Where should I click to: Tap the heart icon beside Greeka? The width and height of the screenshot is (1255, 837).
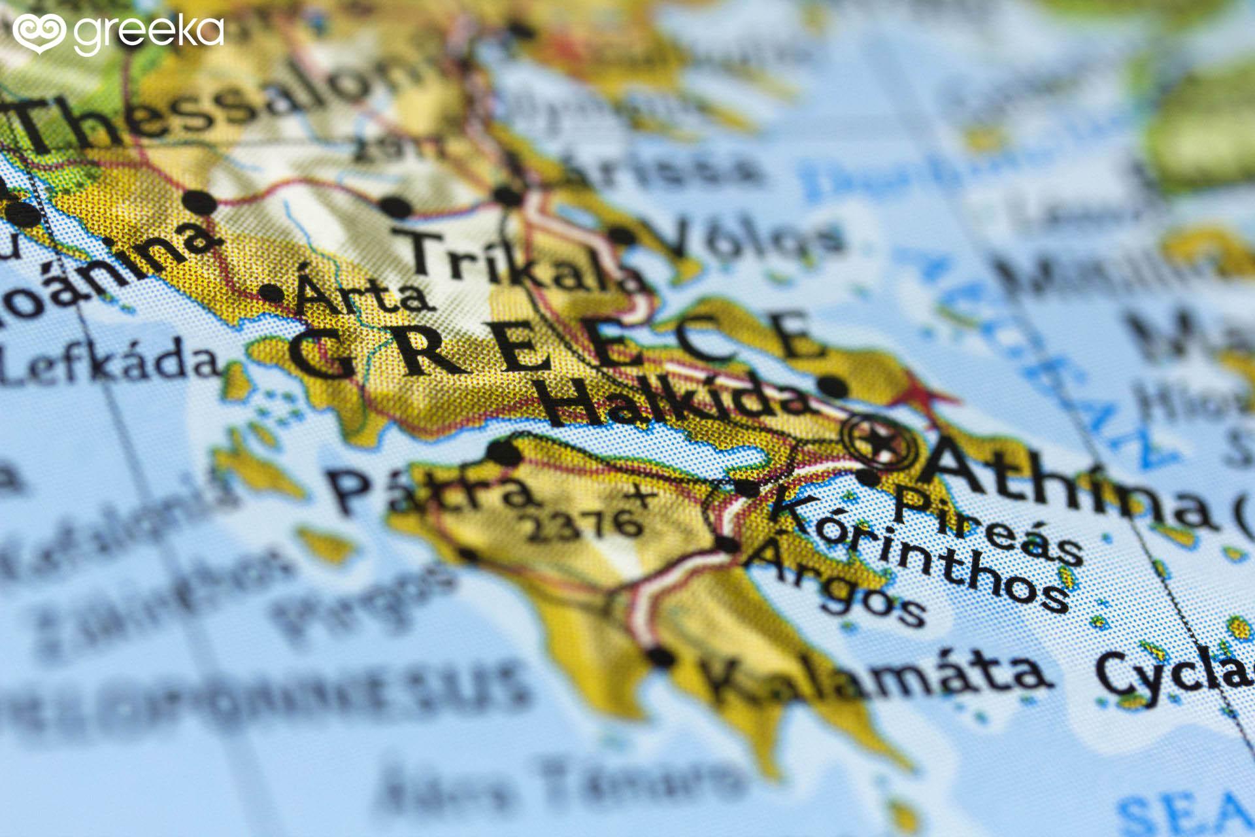pos(38,32)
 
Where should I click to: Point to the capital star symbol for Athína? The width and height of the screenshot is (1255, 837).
pos(880,443)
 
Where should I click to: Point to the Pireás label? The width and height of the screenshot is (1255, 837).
pos(987,526)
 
